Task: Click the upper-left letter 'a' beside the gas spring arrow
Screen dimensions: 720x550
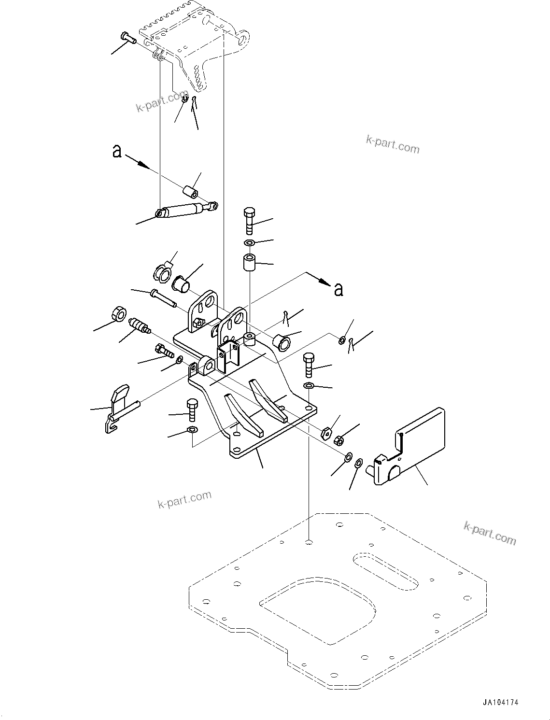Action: coord(117,151)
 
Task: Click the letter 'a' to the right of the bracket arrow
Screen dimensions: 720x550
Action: coord(339,289)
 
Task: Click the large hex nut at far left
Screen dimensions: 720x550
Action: coord(118,313)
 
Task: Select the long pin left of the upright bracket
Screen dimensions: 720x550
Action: coord(163,297)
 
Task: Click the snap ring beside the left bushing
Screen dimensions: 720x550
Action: coord(162,271)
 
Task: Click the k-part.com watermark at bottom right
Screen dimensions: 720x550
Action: coord(490,533)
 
